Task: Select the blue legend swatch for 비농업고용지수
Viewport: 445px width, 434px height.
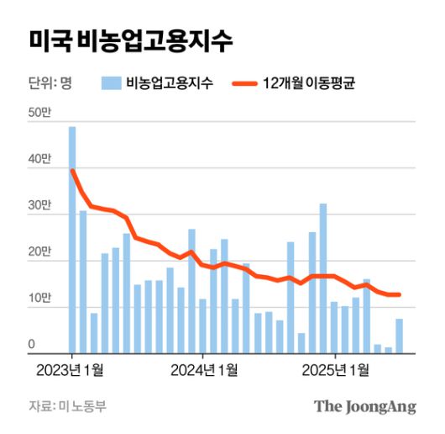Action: coord(111,82)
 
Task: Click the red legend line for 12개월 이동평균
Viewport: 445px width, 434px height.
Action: coord(244,82)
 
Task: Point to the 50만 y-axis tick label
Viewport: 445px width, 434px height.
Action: coord(39,114)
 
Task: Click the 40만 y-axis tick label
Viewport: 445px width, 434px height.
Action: coord(39,160)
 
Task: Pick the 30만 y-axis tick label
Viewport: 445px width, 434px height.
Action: coord(39,206)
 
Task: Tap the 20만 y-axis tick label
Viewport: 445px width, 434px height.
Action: coord(39,252)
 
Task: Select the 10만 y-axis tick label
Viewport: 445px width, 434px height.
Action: coord(39,299)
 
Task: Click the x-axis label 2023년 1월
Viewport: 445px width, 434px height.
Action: coord(72,369)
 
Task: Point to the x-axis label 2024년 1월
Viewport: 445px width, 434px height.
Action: coord(204,369)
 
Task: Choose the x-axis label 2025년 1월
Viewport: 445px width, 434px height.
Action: coord(336,369)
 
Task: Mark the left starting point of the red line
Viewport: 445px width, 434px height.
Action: coord(73,171)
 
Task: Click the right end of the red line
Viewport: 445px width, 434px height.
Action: coord(399,294)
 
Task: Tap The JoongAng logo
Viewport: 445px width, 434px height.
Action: coord(365,407)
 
